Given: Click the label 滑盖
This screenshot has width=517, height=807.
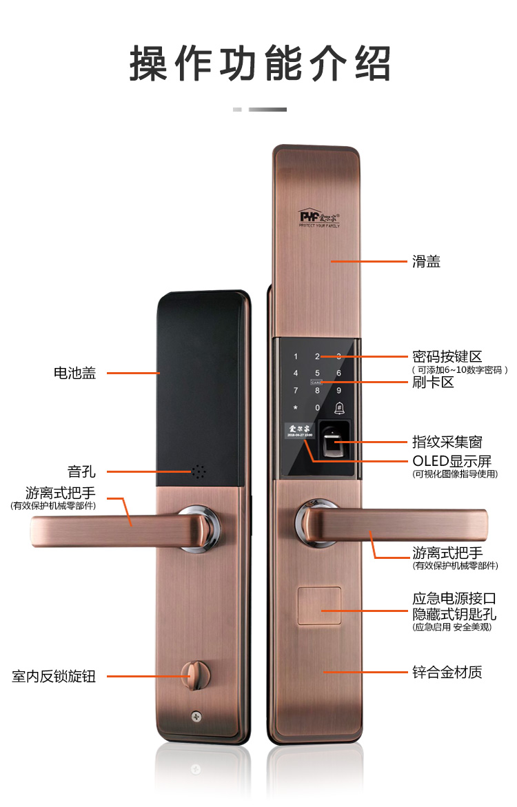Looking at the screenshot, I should tap(426, 262).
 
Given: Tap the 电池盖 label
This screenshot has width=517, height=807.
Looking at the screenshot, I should tap(74, 373).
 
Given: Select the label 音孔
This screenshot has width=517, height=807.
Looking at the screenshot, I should tap(81, 472).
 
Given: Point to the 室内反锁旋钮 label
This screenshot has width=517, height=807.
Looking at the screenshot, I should tap(54, 676).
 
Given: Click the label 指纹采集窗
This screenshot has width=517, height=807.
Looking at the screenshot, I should tap(447, 442).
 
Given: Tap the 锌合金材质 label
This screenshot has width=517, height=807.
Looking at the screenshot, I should tap(447, 672).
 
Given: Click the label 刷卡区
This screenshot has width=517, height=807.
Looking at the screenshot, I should tap(433, 382).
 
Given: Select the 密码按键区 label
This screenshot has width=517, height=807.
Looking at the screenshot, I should tap(447, 357).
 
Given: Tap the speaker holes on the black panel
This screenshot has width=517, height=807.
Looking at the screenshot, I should tap(199, 472).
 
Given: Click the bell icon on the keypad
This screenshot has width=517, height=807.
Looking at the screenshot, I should tap(338, 407).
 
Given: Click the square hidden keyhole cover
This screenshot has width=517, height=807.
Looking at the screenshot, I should tap(319, 606).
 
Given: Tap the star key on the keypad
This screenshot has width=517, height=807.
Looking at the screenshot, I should tap(296, 408).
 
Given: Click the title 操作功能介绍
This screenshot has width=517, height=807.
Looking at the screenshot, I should tap(260, 64).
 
